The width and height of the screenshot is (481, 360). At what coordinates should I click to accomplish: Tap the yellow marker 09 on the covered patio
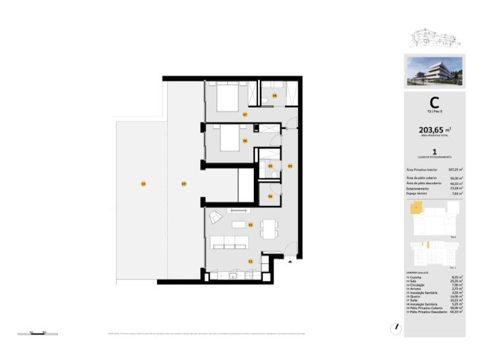tap(183, 183)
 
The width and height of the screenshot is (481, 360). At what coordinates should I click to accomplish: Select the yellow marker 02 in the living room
tap(250, 224)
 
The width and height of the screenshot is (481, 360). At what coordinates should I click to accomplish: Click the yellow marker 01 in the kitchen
tap(250, 261)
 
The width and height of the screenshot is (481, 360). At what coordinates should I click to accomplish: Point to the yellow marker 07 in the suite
tap(244, 115)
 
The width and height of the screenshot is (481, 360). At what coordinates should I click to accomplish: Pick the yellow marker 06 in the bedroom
tap(244, 141)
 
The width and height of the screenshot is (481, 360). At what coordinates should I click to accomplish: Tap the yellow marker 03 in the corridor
tap(289, 166)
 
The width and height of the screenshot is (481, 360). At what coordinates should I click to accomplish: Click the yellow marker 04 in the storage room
tap(271, 196)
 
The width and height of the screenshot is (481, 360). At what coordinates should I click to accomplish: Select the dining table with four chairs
tap(269, 228)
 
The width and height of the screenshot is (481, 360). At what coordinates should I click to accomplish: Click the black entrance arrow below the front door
tap(291, 260)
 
